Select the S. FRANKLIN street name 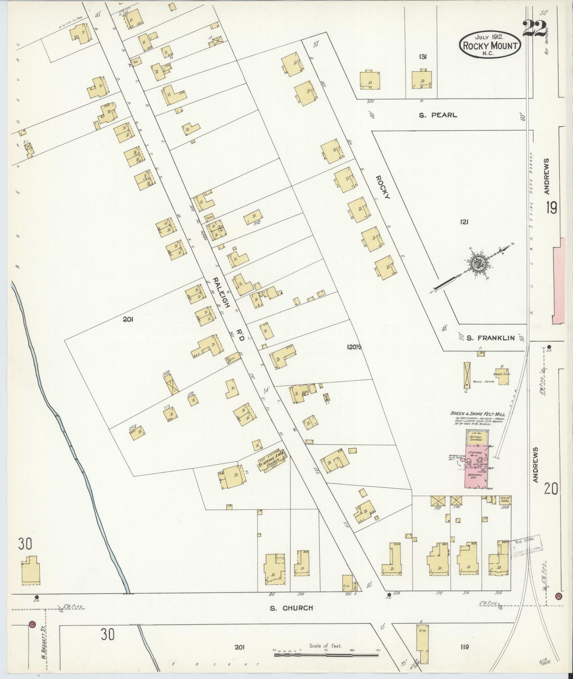[x=490, y=338]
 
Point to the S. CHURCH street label [x=291, y=608]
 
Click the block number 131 [x=423, y=56]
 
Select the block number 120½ [x=354, y=347]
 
